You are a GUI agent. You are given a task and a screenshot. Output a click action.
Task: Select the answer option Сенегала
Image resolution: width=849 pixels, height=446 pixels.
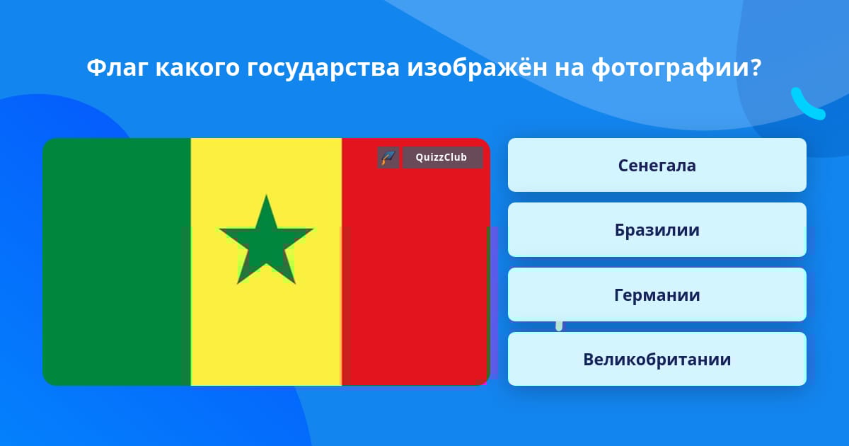tap(657, 165)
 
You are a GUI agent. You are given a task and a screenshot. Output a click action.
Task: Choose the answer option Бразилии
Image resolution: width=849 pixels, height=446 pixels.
tap(657, 230)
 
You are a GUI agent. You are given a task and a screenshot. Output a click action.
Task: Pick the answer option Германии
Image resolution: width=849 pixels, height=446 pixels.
tap(657, 295)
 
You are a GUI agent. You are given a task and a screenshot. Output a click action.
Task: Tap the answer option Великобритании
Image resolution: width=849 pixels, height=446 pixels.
tap(657, 359)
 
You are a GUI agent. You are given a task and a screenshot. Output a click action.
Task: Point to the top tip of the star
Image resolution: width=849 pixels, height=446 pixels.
tap(266, 195)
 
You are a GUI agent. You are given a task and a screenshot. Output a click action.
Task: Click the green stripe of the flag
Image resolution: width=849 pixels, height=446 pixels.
tap(117, 262)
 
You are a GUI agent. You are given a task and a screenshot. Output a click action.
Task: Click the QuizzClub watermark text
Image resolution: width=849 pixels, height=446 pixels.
tap(441, 157)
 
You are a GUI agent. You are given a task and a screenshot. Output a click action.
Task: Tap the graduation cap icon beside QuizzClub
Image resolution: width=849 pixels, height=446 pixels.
tap(388, 157)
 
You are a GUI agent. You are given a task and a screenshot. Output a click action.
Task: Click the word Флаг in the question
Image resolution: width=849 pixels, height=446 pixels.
tap(117, 68)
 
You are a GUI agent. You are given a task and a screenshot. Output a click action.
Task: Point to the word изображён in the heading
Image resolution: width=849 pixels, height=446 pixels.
tap(477, 67)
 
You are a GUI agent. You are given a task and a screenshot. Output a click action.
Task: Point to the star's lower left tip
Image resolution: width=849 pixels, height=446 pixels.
tap(238, 283)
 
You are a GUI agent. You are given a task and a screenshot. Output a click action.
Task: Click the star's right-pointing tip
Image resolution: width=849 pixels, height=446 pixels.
tap(312, 229)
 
